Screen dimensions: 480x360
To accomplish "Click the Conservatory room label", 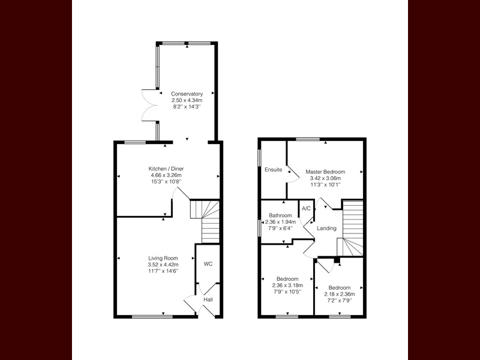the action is point(187,94).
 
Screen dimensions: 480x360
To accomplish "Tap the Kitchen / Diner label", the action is point(166,169).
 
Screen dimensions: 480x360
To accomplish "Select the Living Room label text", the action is point(163,259).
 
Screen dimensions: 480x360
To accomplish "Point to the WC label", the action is point(208,264).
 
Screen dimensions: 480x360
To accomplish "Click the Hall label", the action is point(208,299).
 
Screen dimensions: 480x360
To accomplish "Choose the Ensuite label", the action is point(274,170).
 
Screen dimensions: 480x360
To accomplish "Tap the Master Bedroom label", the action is point(325,172).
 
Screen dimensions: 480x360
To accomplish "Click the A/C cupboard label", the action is point(306,209).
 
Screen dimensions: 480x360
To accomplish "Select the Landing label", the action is point(326,229).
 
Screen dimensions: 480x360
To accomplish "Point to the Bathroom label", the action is point(280,215).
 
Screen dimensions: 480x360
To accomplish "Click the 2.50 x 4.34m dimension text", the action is point(187,100).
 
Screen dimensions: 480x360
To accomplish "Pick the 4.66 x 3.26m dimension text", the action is point(166,175).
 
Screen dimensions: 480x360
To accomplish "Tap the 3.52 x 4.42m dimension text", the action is point(163,265).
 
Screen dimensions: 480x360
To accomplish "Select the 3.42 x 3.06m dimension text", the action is point(325,178).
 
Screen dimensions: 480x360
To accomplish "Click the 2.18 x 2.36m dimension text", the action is point(340,294).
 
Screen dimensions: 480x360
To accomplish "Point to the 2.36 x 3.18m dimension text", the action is point(287,286).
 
